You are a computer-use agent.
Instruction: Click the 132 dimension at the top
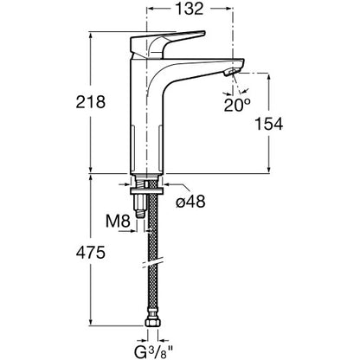190,9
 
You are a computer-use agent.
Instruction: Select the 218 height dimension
91,102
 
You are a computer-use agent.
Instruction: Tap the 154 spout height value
269,124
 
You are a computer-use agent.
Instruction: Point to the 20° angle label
237,106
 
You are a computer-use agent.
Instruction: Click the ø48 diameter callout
190,201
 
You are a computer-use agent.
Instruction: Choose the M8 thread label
118,222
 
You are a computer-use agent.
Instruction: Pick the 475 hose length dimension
91,253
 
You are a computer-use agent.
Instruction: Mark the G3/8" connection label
153,351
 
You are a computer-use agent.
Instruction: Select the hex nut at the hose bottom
152,321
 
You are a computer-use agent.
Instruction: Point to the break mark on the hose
153,262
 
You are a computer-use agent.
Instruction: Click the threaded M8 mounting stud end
139,215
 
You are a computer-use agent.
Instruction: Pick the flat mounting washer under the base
147,190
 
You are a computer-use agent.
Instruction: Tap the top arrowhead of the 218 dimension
91,36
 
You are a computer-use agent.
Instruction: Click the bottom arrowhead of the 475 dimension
91,322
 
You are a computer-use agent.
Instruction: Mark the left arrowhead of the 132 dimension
151,9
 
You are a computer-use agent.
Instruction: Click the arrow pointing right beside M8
132,231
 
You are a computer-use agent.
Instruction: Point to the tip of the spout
243,61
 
